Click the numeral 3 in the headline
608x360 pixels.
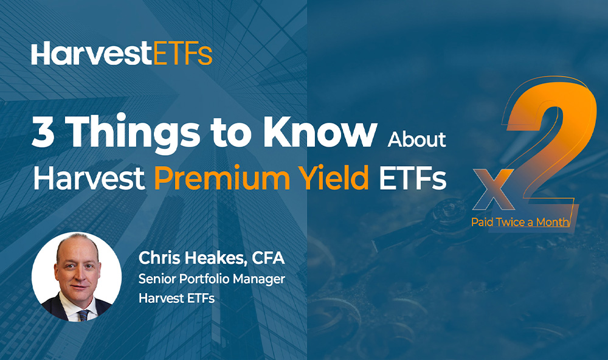[43, 131]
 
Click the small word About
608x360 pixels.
[417, 139]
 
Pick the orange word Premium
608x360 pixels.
[222, 178]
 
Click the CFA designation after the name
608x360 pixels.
[268, 258]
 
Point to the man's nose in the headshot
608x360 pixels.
[78, 275]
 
